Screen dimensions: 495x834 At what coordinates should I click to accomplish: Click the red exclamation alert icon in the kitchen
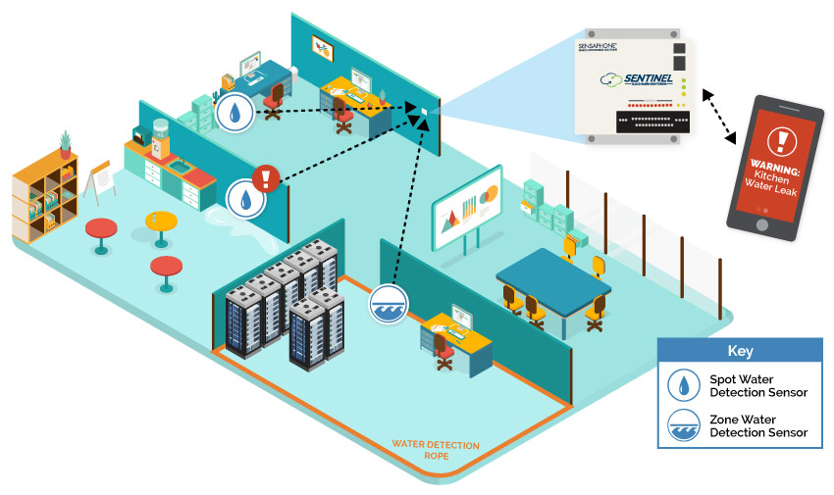coord(266,178)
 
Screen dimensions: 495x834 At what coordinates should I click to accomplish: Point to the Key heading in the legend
coord(740,350)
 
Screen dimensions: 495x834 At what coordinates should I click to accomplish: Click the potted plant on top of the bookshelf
coord(66,143)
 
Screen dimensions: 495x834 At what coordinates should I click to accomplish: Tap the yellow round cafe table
coord(161,222)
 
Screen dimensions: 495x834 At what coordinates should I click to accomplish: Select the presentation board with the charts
coord(466,209)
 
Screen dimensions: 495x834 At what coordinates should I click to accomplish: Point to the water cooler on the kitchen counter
coord(157,137)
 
